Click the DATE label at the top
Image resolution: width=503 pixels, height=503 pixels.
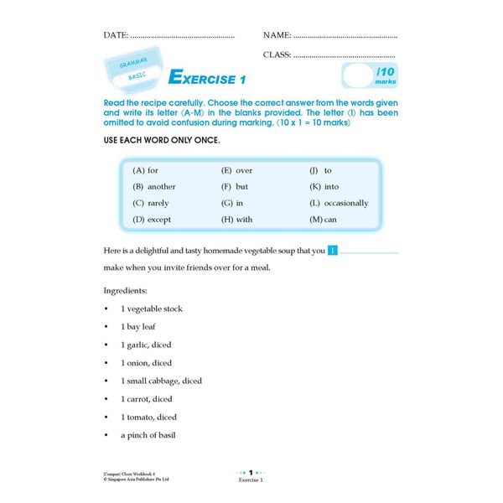(115, 35)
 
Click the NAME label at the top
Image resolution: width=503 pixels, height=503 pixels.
(277, 35)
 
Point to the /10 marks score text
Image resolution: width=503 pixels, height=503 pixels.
(386, 77)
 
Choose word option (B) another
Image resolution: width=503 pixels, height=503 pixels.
(154, 186)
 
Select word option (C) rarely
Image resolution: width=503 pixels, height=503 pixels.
(151, 203)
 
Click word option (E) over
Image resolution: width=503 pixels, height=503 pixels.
(236, 170)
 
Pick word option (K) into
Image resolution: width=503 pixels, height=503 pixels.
(324, 186)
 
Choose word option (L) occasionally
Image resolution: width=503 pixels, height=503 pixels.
(339, 203)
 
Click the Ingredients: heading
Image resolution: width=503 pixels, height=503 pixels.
(125, 290)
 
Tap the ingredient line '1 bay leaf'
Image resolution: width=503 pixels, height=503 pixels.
(138, 326)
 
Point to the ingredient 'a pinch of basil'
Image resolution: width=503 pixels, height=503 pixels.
(148, 435)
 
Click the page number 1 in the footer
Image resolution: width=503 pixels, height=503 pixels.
(251, 473)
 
